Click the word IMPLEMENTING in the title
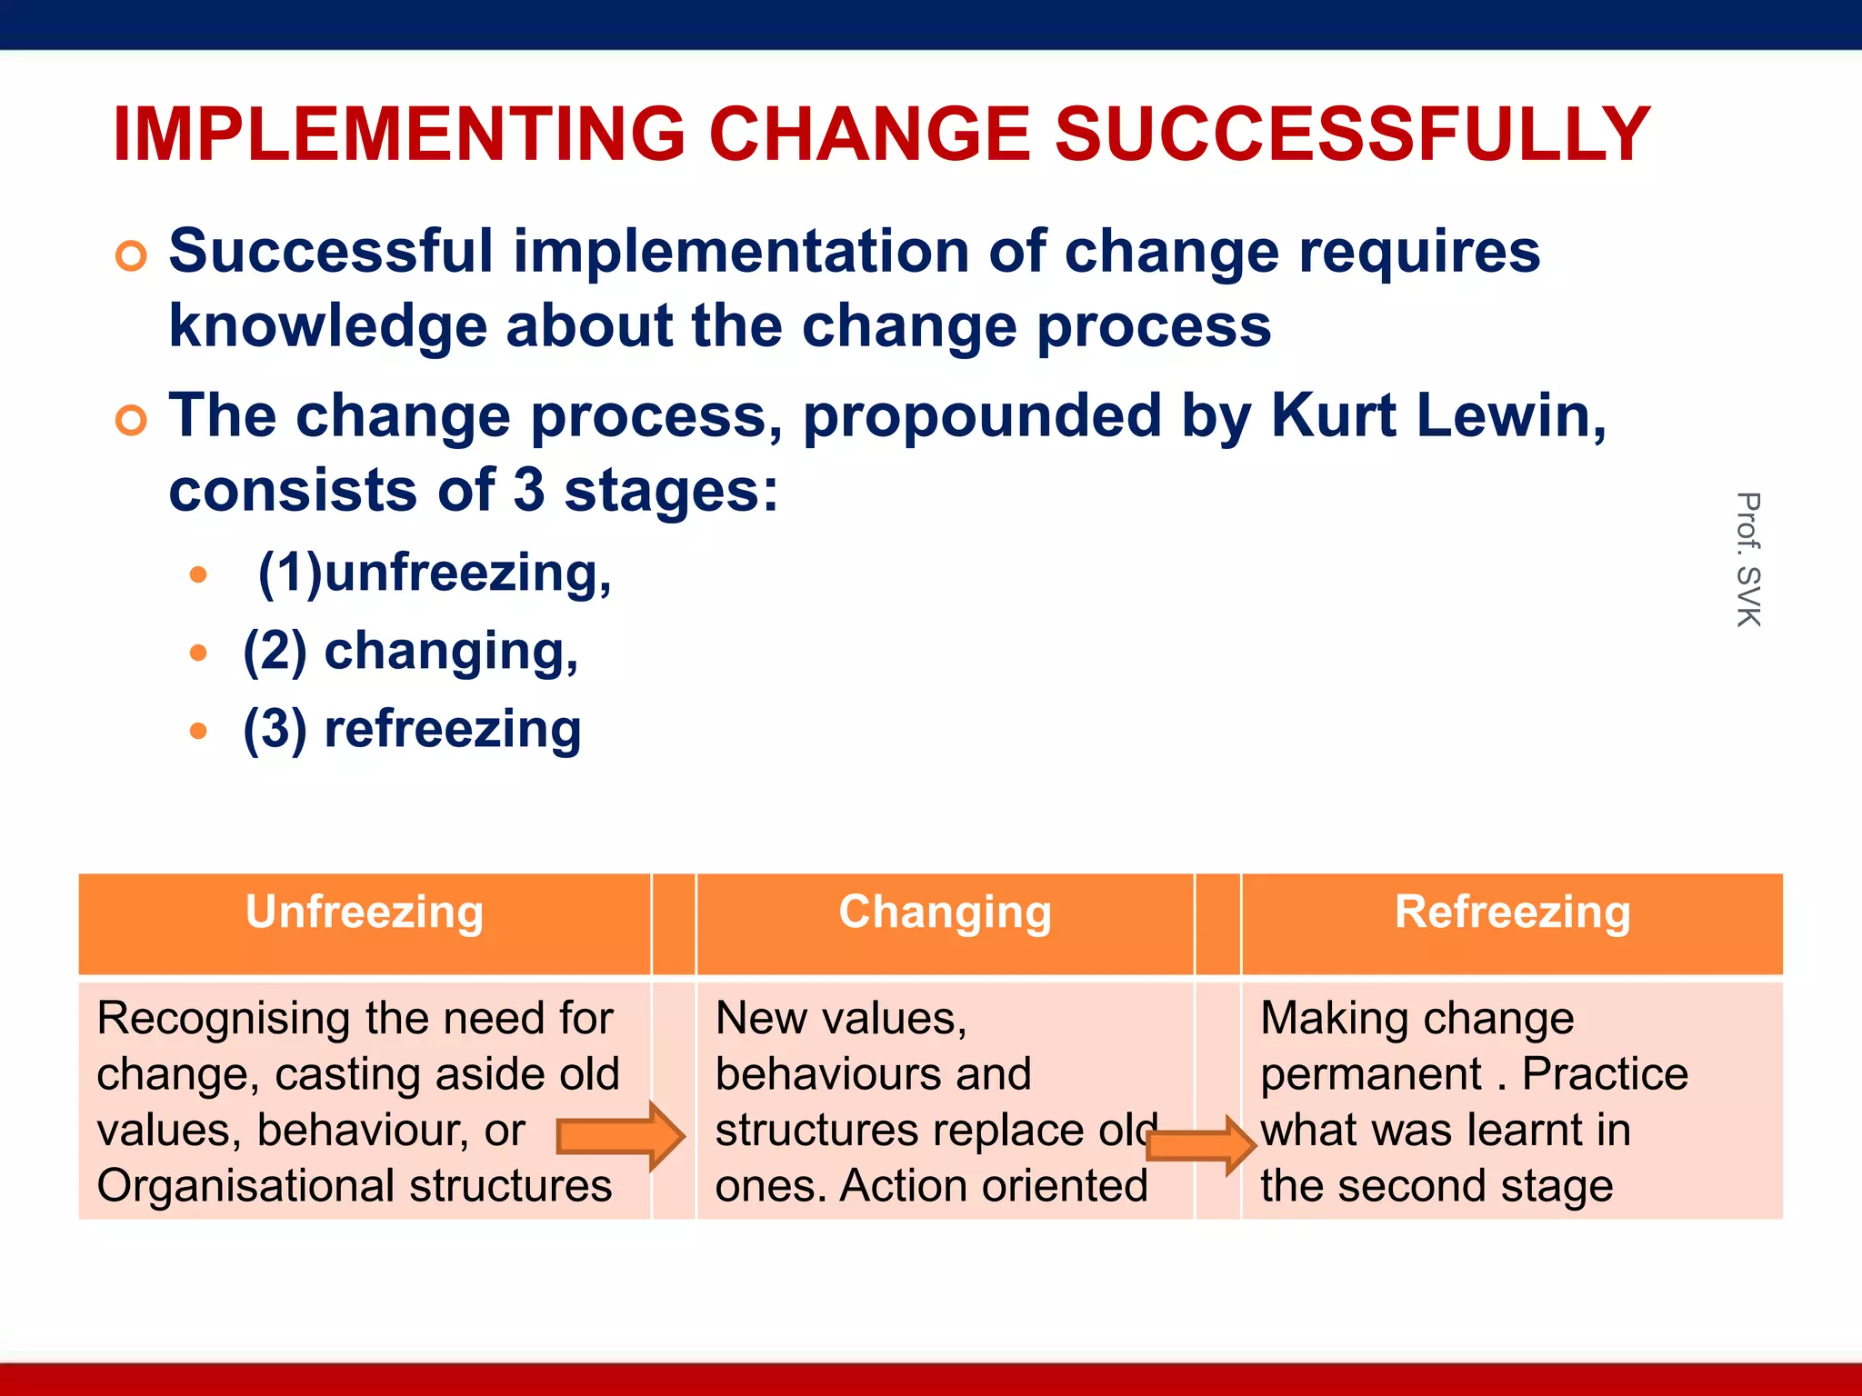(x=398, y=135)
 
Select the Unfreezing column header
(x=364, y=912)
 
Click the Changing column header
(x=945, y=912)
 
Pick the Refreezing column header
(x=1512, y=912)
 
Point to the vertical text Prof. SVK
(x=1748, y=559)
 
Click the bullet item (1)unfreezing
(x=435, y=573)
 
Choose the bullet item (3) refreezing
(x=412, y=730)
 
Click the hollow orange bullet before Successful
(x=131, y=256)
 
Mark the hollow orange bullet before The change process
(x=131, y=421)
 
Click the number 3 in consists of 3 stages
(x=528, y=491)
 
